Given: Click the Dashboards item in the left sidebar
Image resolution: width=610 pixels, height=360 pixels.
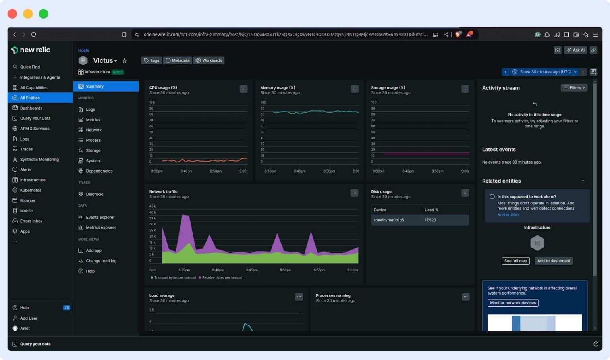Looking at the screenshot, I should [31, 108].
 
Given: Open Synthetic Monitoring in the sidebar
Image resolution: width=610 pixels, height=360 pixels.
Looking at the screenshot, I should [39, 160].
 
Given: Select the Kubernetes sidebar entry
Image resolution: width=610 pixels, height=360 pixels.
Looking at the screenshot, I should [31, 190].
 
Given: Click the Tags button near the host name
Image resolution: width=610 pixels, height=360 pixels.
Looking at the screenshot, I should [151, 60].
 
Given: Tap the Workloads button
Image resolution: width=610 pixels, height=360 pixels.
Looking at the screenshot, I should [209, 60].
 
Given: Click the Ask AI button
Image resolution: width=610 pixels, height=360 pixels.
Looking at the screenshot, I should [575, 50].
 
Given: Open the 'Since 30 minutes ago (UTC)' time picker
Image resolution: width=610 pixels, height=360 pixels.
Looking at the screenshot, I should [545, 72].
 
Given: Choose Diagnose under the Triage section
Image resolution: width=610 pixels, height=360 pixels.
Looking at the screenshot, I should [95, 194].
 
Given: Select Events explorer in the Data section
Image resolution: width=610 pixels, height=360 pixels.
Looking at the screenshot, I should [100, 217].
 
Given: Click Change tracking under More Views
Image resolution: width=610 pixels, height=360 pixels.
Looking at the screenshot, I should [101, 261].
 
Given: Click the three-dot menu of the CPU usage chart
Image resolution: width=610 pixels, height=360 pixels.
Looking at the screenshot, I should [243, 89].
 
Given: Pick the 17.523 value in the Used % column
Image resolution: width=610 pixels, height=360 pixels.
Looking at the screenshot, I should [430, 220].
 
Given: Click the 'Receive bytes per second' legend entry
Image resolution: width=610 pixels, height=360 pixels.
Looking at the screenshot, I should [222, 278].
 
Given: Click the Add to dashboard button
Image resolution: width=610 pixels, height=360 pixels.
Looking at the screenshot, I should [554, 261].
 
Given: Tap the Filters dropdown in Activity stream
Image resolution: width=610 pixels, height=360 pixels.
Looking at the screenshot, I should [574, 88].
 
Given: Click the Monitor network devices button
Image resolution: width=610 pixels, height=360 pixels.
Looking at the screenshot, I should [513, 303].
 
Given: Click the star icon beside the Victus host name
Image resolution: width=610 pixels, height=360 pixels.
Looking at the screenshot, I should [125, 61].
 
